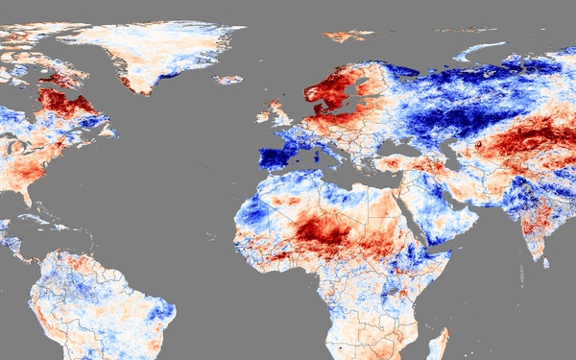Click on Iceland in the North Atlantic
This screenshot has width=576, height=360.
click(x=228, y=80)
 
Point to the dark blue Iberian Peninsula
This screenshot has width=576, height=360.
click(x=278, y=156)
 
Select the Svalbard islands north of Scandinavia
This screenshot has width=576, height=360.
click(x=348, y=36)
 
